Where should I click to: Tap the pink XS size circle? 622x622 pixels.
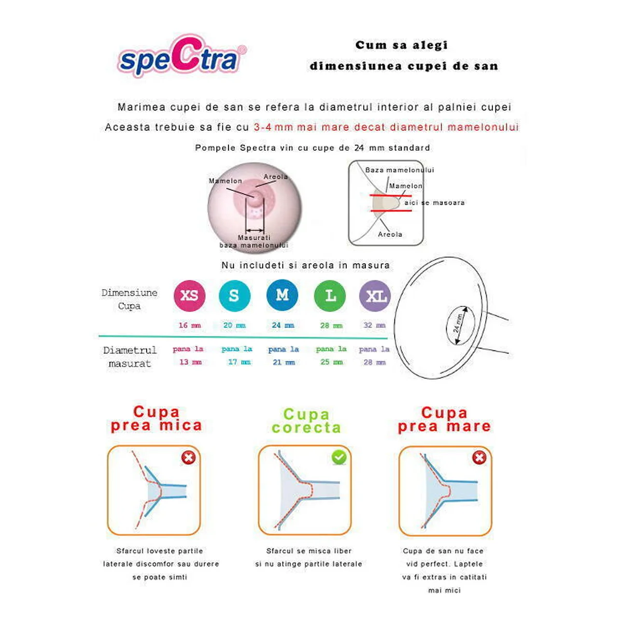189,295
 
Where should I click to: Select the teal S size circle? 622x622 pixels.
234,295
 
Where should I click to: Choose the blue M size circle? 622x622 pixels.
282,295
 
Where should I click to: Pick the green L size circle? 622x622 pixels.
330,295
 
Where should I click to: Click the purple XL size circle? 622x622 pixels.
375,296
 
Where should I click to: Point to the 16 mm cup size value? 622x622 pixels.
189,326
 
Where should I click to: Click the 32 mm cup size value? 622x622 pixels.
374,326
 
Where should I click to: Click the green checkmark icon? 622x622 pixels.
339,457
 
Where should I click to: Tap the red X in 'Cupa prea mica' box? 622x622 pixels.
189,457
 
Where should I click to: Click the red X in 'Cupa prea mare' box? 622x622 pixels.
479,457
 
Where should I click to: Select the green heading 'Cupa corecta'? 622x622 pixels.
306,421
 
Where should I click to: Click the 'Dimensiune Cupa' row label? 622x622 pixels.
129,299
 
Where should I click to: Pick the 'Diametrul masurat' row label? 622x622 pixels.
130,357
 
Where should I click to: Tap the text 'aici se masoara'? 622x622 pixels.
434,203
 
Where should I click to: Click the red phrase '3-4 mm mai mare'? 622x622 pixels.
301,127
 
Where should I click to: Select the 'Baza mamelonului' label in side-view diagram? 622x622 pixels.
399,170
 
